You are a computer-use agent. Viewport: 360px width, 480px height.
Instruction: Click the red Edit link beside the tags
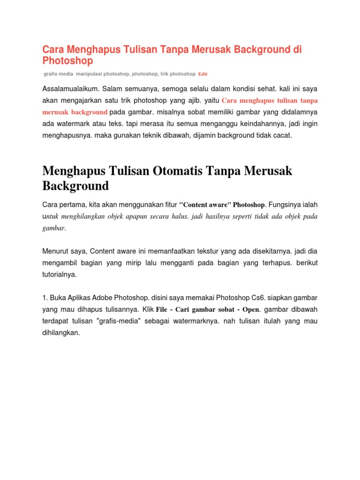[202, 74]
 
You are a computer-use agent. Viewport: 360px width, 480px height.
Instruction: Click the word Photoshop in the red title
[67, 61]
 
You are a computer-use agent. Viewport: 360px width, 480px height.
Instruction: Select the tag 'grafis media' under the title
[58, 74]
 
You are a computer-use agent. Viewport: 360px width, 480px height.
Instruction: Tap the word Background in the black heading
[75, 186]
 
